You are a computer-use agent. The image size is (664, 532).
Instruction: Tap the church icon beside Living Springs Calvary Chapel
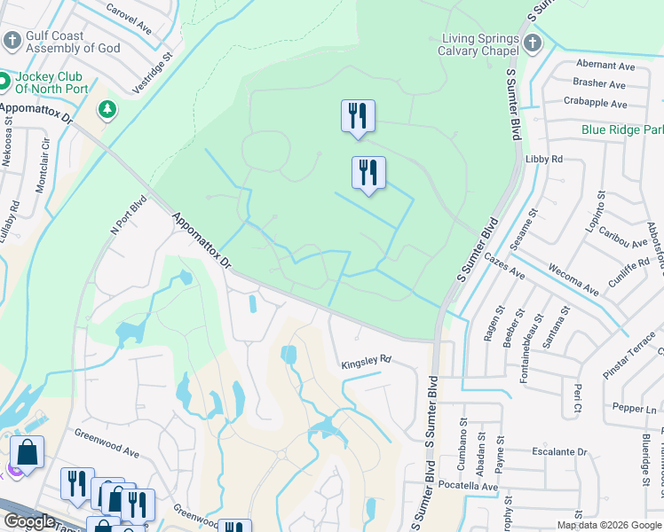click(532, 42)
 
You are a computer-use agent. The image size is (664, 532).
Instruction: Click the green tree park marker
click(107, 109)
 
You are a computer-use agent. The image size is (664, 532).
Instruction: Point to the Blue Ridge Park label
click(622, 129)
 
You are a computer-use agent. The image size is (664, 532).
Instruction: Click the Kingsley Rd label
click(366, 363)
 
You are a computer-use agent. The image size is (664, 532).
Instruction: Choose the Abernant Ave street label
click(605, 66)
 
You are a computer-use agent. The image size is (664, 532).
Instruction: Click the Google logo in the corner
click(29, 521)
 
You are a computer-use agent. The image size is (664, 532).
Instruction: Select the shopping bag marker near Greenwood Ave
click(28, 451)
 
